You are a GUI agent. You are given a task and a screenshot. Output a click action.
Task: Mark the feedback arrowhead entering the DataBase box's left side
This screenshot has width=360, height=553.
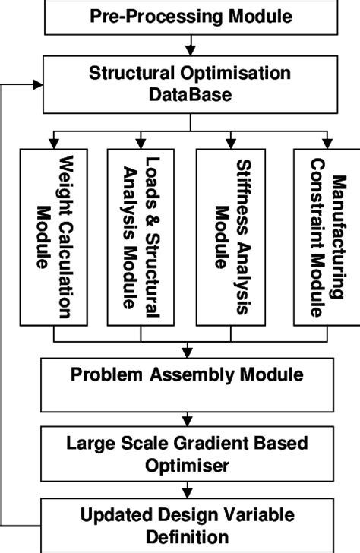tap(38, 84)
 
